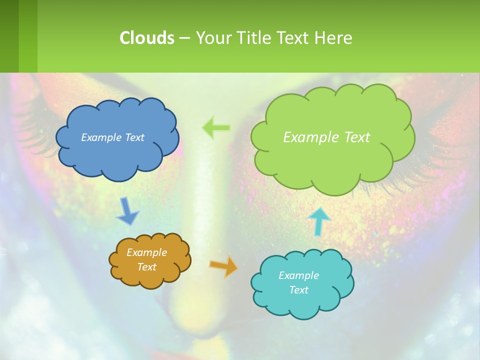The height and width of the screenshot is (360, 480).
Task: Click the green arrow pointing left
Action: pyautogui.click(x=216, y=128)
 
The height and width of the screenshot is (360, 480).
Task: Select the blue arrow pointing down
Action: pyautogui.click(x=128, y=211)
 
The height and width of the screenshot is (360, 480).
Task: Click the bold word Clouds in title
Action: pyautogui.click(x=146, y=38)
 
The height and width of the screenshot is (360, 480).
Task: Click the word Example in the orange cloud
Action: pyautogui.click(x=146, y=252)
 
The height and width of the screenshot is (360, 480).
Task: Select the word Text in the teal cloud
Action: pyautogui.click(x=298, y=290)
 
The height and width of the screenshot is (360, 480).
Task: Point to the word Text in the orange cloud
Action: pyautogui.click(x=146, y=267)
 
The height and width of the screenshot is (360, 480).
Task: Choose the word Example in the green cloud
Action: pyautogui.click(x=311, y=137)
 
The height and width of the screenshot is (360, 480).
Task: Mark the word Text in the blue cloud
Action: pyautogui.click(x=134, y=137)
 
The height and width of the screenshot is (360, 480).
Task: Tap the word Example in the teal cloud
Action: pyautogui.click(x=298, y=275)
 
